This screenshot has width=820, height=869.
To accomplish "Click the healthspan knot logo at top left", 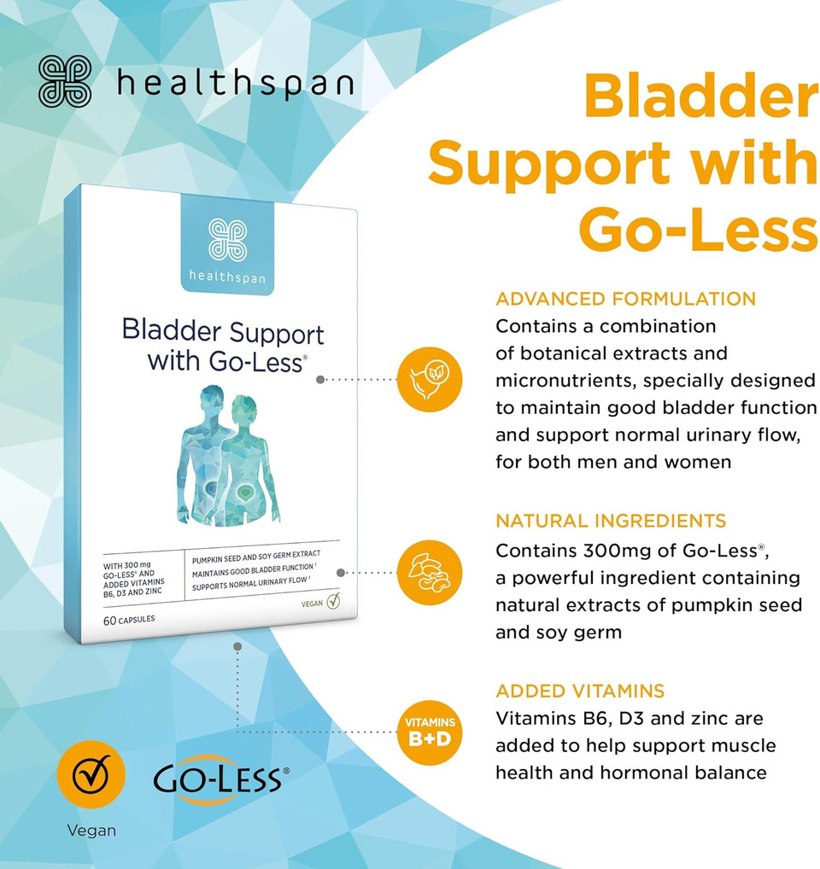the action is (65, 81).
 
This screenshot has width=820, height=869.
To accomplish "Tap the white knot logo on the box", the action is (227, 240).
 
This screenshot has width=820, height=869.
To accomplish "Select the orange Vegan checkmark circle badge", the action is (91, 774).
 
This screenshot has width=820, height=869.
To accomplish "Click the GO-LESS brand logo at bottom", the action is (220, 779).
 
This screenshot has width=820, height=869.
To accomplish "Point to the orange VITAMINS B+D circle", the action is (430, 732).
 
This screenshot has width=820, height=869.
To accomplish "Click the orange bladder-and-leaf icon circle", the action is (430, 379).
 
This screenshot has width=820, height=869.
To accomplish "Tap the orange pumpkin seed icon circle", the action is (430, 572).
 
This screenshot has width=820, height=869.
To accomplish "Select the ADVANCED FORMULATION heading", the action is (625, 299).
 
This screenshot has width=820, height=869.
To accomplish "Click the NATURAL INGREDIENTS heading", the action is (611, 521).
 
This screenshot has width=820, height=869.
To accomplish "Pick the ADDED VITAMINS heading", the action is (580, 691).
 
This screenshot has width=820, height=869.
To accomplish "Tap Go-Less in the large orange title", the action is (699, 230).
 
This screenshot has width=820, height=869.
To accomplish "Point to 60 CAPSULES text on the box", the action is (129, 620).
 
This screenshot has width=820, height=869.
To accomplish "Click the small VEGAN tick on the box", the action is (320, 602).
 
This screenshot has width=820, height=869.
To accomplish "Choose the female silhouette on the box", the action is (248, 459).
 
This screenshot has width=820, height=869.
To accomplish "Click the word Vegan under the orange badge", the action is (91, 831).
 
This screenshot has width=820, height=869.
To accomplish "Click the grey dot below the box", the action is (237, 647).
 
